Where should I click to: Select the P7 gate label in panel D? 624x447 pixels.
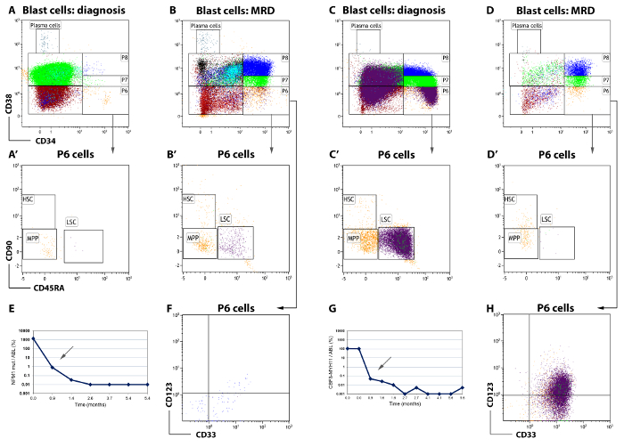point(605,77)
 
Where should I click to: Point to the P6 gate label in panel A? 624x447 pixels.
point(124,91)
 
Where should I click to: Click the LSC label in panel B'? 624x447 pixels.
point(226,219)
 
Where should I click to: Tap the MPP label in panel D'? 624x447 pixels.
point(515,238)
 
